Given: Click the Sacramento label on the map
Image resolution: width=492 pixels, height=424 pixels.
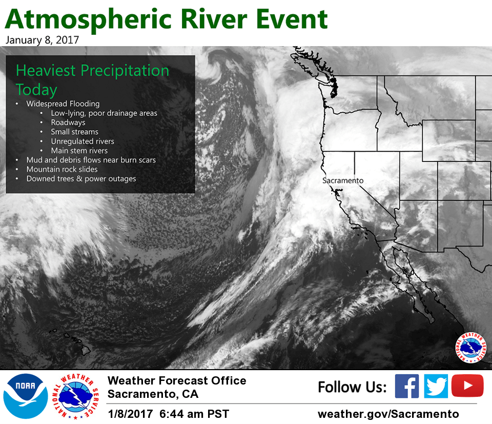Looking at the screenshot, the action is pos(343,180).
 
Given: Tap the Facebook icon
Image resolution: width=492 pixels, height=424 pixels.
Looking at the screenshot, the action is pos(406,386).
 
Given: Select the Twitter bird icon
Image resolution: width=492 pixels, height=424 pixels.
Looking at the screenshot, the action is pos(436,386).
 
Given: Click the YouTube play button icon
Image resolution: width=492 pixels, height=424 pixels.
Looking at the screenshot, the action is pos(467,386).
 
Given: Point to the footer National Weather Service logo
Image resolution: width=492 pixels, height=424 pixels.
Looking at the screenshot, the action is pos(76,396).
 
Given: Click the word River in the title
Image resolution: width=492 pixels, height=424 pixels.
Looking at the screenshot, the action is pos(214,19).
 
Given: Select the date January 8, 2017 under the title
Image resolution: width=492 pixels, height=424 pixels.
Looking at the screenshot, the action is pos(42,40).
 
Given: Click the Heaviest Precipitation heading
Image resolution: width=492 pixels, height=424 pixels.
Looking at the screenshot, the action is pos(93,70).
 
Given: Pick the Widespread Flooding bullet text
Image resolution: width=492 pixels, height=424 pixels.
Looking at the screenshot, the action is pos(63,104).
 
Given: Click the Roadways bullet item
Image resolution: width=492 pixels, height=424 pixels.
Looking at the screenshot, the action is pos(68,123).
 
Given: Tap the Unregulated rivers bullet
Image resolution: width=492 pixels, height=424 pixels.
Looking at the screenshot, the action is pos(83,141).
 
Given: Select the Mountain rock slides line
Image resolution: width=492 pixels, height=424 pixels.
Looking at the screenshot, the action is pos(62,169).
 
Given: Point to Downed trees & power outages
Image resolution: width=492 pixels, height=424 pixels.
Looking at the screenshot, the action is pos(81,178).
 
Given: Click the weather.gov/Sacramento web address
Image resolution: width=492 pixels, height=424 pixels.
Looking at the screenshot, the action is pos(388,414).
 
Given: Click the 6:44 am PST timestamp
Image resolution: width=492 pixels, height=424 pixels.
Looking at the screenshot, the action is pos(194,414).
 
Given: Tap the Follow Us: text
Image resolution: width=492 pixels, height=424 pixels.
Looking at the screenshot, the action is pos(353,387).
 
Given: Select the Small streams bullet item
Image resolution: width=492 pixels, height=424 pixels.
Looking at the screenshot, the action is pos(75,132).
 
